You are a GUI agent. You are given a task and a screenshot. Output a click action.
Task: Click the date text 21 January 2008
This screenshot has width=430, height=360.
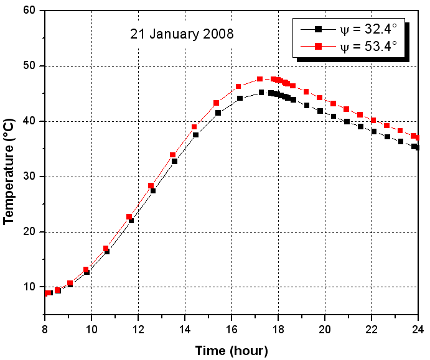coord(182,34)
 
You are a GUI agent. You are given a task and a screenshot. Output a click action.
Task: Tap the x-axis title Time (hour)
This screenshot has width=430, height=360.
coord(231,351)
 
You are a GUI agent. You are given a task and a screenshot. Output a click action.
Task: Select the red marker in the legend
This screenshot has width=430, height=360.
coord(317,46)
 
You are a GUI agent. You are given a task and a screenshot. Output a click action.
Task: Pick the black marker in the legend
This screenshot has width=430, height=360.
coord(317,29)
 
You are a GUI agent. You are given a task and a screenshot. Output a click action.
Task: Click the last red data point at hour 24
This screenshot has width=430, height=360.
coord(417,137)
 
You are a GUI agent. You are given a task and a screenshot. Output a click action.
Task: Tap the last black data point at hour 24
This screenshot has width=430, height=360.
coord(417,147)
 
